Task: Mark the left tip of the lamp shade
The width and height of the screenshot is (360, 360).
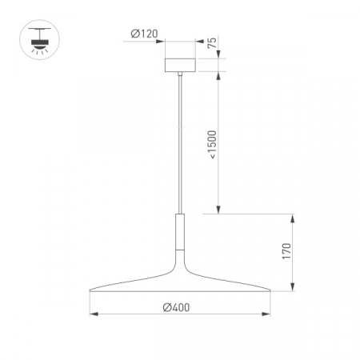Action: [90, 290]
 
